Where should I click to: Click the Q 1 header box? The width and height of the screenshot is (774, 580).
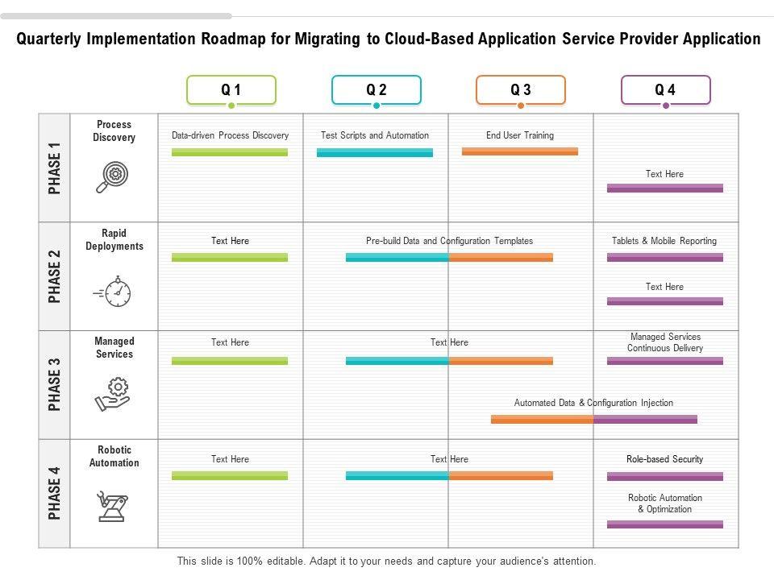click(x=231, y=90)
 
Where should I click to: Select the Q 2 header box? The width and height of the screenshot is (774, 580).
click(x=376, y=90)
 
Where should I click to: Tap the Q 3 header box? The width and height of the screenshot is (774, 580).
click(x=520, y=90)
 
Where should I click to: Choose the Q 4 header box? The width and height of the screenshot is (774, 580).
click(x=665, y=90)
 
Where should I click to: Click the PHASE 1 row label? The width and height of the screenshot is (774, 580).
click(x=55, y=168)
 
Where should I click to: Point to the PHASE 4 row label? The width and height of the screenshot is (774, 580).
click(x=55, y=493)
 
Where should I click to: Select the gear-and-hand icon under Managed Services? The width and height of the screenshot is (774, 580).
click(x=114, y=394)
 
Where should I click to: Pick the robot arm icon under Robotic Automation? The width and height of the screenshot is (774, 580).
click(x=113, y=506)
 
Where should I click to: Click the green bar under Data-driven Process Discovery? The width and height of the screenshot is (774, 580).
click(x=230, y=151)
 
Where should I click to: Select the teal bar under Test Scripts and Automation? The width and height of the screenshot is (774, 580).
click(x=375, y=151)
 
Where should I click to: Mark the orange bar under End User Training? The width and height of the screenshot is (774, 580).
click(x=520, y=151)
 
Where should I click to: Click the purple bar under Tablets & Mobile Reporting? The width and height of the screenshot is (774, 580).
click(x=665, y=258)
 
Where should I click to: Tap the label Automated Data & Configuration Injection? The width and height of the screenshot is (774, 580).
click(x=593, y=403)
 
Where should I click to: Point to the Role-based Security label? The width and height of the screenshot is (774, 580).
click(x=665, y=459)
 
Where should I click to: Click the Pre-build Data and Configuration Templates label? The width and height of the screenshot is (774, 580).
click(x=449, y=241)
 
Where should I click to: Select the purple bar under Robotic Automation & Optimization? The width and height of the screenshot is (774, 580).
click(x=665, y=524)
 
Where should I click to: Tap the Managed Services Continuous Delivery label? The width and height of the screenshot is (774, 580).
click(x=665, y=342)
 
